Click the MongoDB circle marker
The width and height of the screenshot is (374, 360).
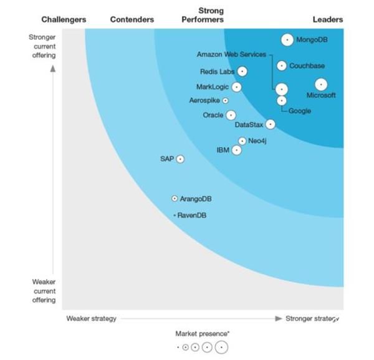click(287, 40)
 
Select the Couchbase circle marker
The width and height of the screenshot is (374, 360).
click(282, 65)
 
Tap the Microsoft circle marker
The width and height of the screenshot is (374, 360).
click(320, 84)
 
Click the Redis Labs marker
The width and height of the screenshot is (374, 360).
click(242, 72)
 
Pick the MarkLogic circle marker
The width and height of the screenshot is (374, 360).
click(236, 87)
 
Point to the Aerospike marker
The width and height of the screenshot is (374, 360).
click(225, 100)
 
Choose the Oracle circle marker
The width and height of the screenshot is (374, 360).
click(231, 115)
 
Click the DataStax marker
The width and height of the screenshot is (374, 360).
click(270, 125)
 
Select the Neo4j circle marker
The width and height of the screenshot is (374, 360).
click(242, 141)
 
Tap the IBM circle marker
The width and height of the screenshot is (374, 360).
click(236, 150)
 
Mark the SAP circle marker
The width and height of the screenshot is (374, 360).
click(180, 159)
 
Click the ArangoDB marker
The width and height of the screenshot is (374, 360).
click(175, 199)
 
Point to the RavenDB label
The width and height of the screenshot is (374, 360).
click(192, 216)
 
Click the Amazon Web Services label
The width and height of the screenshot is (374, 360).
click(231, 55)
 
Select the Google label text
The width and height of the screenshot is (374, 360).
click(300, 111)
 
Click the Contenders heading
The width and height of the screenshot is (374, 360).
click(132, 20)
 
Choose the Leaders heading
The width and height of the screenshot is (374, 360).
click(327, 20)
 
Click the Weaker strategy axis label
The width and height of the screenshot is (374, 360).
click(91, 319)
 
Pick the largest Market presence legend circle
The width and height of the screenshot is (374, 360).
click(221, 347)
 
